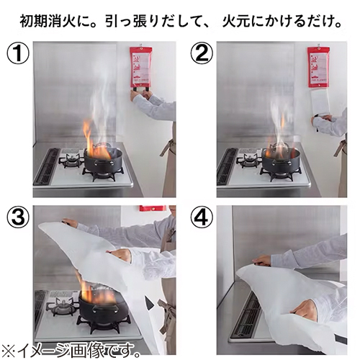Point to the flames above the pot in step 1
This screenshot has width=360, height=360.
coord(94,140)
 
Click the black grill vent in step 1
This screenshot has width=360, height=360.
coord(46,168)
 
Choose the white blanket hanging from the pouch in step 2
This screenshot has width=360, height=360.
coord(319,101)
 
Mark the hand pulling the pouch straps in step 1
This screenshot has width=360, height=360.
coord(136,94)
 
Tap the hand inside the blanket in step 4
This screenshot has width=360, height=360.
coord(302,311)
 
